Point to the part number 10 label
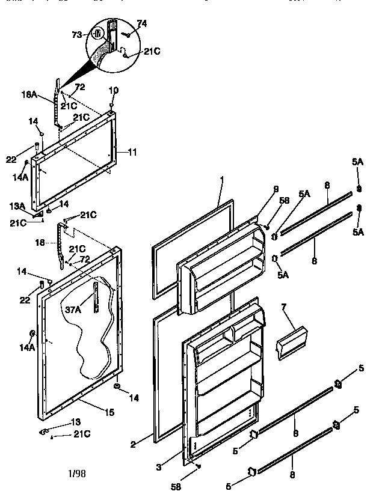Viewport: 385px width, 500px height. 113,90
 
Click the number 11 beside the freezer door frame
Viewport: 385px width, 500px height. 132,153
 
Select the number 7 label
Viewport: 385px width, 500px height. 283,308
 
